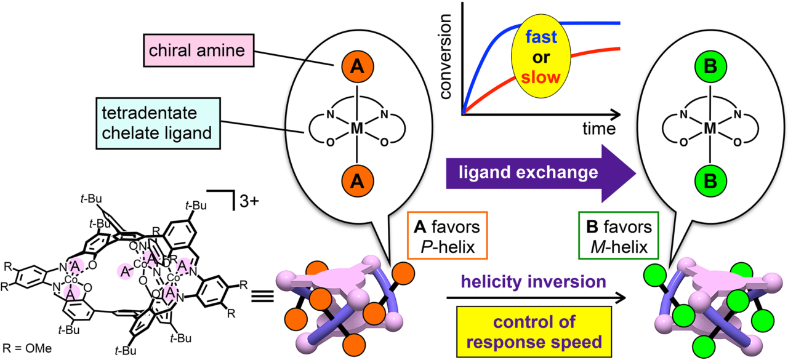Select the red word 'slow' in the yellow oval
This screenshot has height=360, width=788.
(x=539, y=78)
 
